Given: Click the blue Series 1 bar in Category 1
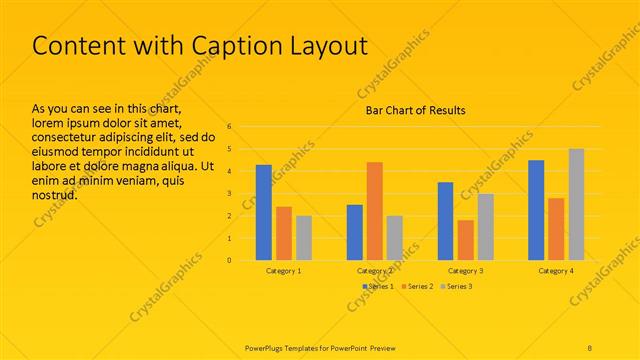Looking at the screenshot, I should pyautogui.click(x=264, y=212).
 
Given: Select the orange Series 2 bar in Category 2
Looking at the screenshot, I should pyautogui.click(x=374, y=211).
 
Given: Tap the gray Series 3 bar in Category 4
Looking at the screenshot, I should pyautogui.click(x=576, y=204).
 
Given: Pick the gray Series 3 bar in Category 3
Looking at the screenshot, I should pyautogui.click(x=485, y=227).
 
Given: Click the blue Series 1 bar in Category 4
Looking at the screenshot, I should pyautogui.click(x=536, y=210).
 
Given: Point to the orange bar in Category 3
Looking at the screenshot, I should pyautogui.click(x=465, y=240).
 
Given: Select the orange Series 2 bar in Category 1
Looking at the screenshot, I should pyautogui.click(x=284, y=233).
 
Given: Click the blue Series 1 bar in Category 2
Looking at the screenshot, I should pyautogui.click(x=355, y=232).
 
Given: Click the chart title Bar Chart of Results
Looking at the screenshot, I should pyautogui.click(x=414, y=110).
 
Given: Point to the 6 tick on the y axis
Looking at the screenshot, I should pyautogui.click(x=230, y=127).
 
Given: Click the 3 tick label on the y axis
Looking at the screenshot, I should pyautogui.click(x=230, y=193).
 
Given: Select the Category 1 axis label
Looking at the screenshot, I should pyautogui.click(x=284, y=271).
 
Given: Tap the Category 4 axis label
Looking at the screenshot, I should pyautogui.click(x=556, y=271).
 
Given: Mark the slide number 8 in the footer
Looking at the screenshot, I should pyautogui.click(x=590, y=346).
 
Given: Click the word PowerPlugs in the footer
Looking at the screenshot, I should pyautogui.click(x=268, y=346).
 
